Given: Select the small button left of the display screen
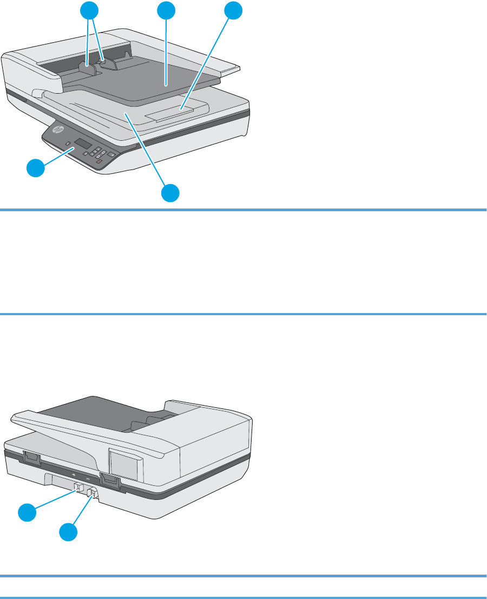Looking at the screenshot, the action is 69,145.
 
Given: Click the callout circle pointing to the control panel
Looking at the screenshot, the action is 37,169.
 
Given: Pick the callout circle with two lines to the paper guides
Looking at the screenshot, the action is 90,10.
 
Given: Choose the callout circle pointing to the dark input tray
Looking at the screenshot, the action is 167,10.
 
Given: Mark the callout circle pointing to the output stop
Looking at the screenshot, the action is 234,10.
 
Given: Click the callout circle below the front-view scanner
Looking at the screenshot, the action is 171,193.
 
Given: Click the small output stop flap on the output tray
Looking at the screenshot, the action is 173,113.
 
